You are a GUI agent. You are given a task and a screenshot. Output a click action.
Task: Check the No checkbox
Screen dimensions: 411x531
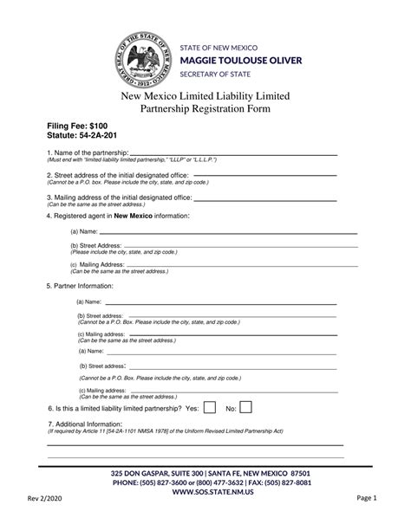click(x=245, y=407)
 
